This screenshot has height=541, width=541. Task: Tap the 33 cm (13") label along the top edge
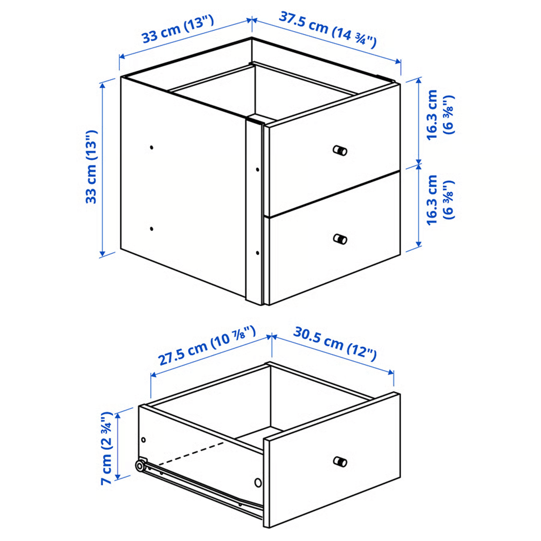click(178, 31)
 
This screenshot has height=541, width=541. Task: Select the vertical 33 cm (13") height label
click(92, 167)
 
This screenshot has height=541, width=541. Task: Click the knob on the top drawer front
click(340, 150)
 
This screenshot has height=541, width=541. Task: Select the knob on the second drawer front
click(340, 238)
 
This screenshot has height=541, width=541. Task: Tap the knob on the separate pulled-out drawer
click(340, 461)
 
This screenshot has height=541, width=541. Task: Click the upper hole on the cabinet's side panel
click(151, 147)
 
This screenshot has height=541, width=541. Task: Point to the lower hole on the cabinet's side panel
click(151, 229)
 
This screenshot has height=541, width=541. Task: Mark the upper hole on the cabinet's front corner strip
click(257, 170)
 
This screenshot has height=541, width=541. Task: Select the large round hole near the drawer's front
click(258, 483)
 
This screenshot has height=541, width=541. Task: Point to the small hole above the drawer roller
click(144, 440)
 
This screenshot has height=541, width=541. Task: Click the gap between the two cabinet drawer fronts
click(334, 194)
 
